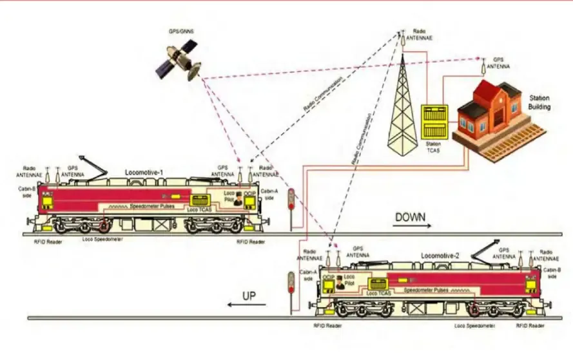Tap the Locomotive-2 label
pos(440,256)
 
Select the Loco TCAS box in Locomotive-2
pos(378,284)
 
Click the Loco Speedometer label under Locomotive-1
pos(104,239)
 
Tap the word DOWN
pos(410,217)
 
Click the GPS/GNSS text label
pos(178,30)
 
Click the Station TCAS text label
pos(432,146)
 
